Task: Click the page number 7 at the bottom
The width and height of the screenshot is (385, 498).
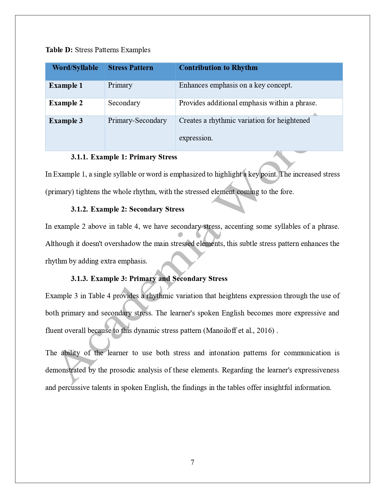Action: point(192,462)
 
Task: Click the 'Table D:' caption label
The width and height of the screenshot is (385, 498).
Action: point(59,50)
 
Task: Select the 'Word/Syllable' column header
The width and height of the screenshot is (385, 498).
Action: point(75,68)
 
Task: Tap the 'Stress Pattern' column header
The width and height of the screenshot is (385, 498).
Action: point(130,68)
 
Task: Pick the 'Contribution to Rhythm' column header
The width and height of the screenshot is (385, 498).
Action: point(218,68)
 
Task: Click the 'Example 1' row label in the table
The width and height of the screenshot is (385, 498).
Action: point(66,85)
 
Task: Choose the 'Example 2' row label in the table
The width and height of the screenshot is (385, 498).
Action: point(66,103)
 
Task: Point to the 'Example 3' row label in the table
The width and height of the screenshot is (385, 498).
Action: point(66,121)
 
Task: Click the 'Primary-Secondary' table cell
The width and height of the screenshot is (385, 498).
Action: point(137,120)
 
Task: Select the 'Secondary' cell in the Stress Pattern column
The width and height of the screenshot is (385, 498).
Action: point(124,103)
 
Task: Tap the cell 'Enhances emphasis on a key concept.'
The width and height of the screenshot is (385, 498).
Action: point(235,85)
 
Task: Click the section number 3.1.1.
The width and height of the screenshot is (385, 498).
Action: point(79,157)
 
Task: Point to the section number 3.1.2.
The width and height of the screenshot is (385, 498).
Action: point(79,209)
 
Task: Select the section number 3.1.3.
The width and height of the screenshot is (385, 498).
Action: point(79,279)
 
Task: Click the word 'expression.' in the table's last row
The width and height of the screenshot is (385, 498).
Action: point(196,138)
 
